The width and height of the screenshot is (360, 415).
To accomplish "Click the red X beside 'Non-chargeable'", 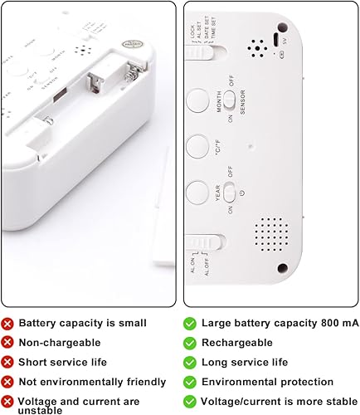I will [7, 340].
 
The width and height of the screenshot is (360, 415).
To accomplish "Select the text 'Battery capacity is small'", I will [83, 322].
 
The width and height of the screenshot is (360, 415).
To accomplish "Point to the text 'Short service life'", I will [62, 360].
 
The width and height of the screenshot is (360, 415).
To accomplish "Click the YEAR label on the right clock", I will [219, 197].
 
